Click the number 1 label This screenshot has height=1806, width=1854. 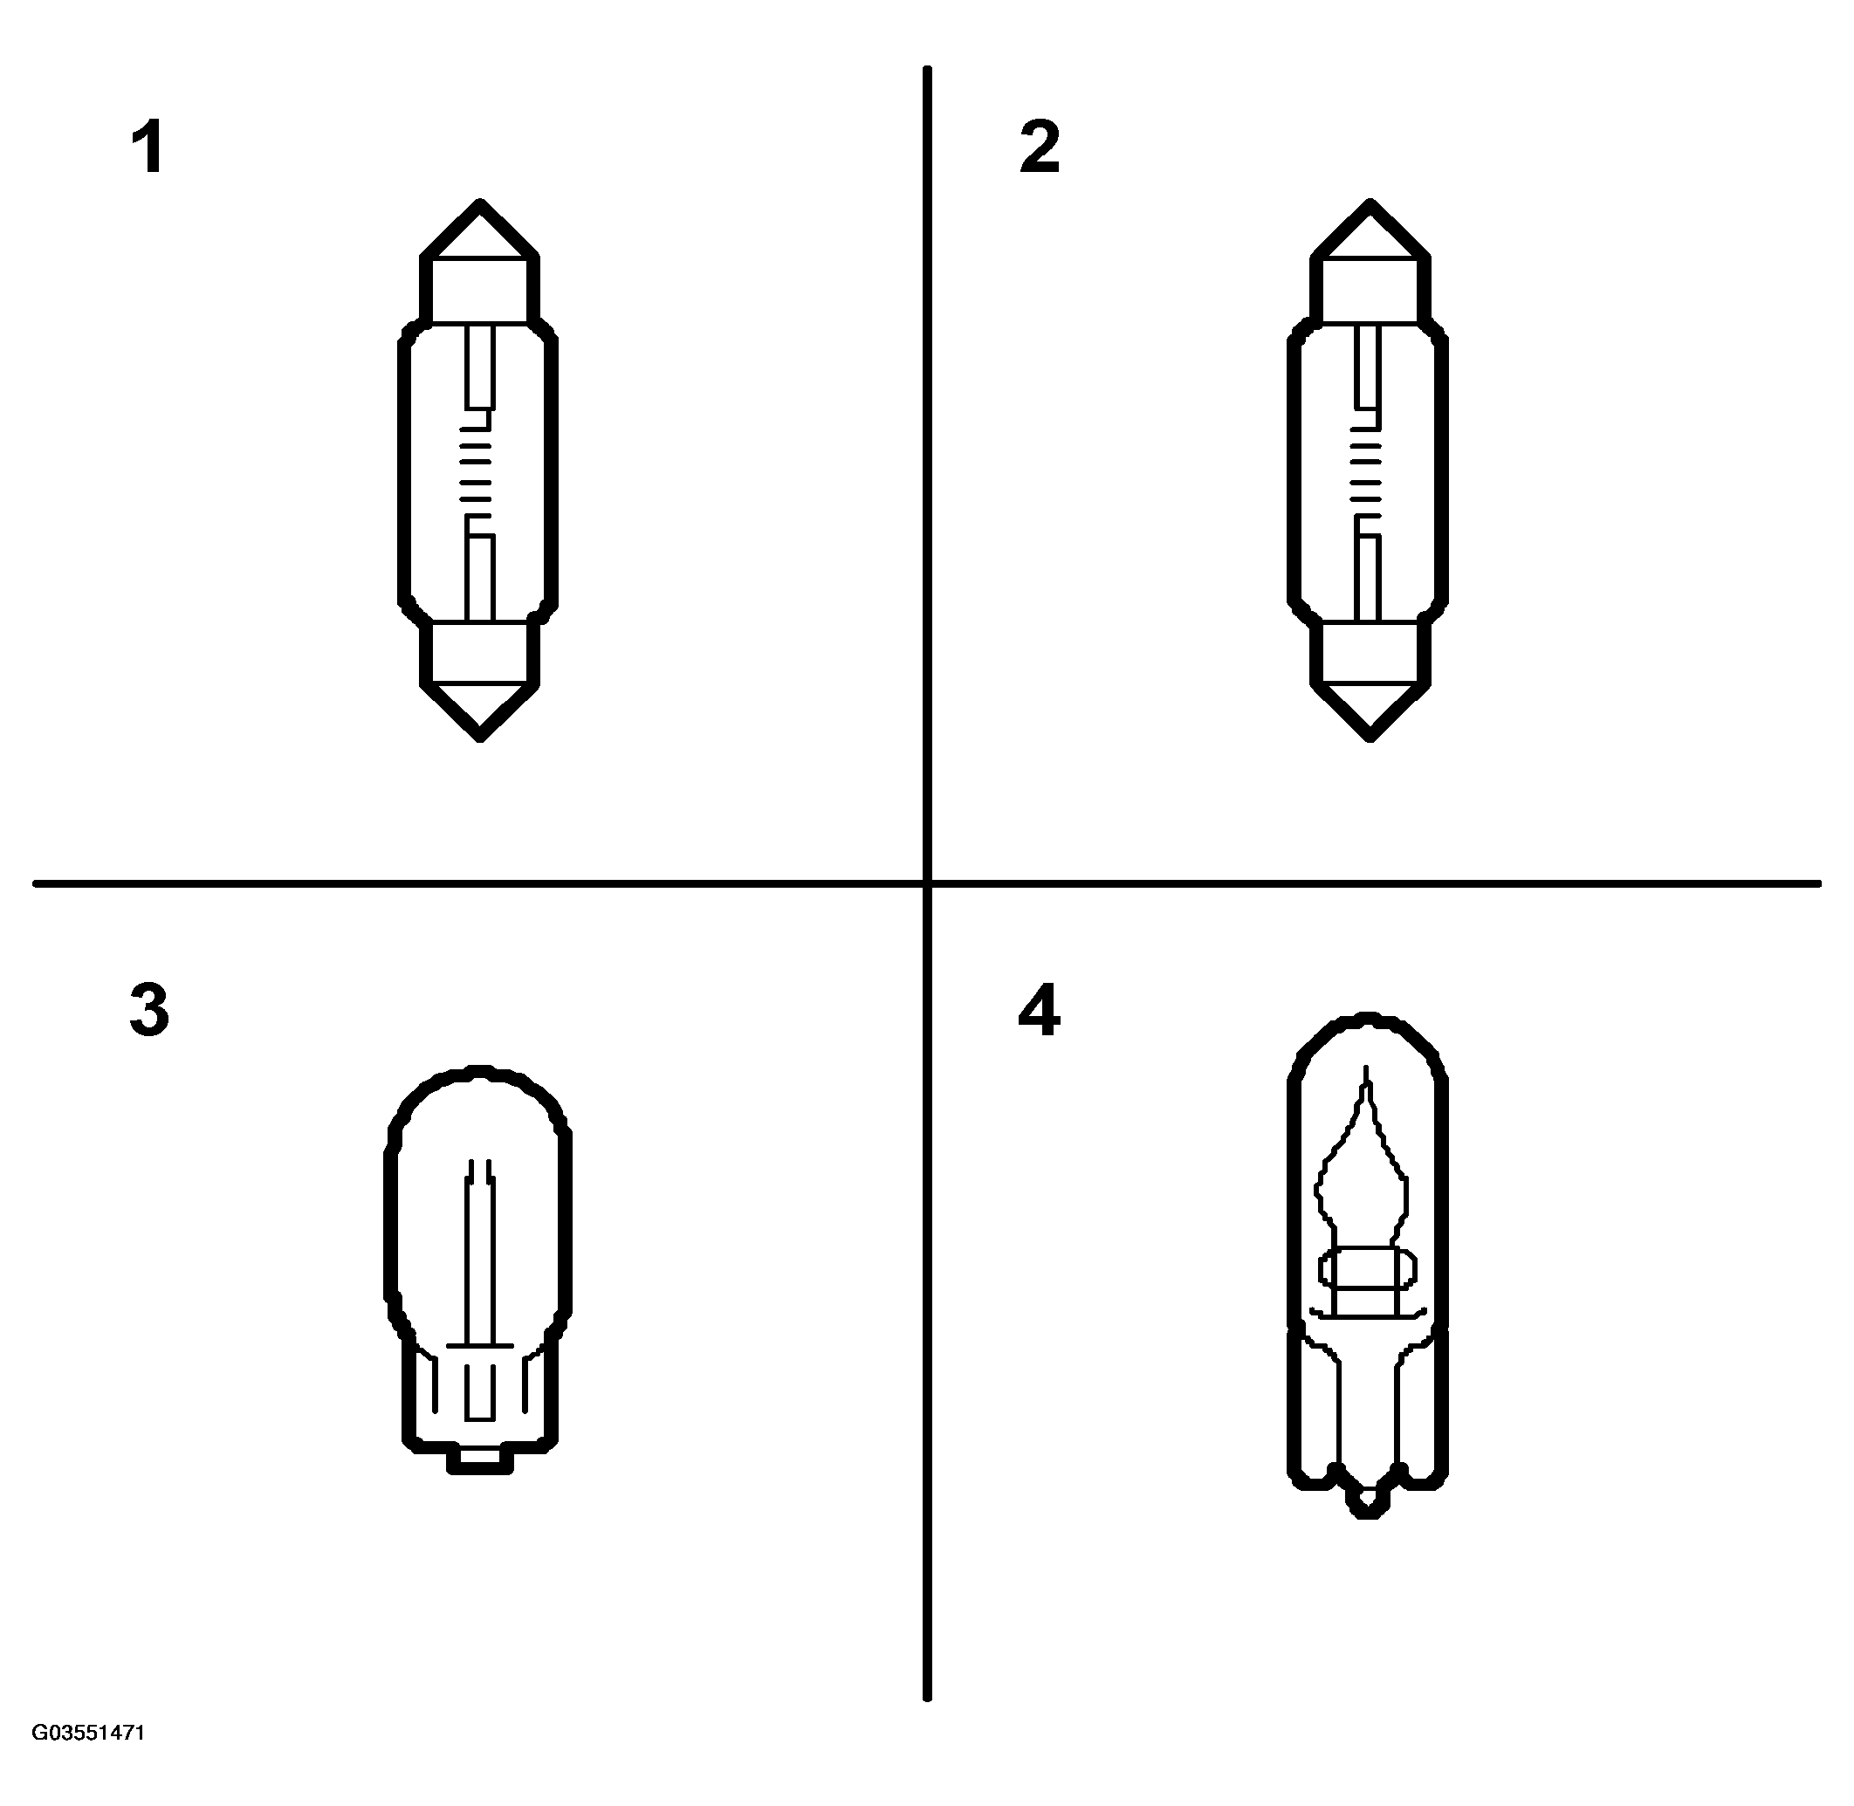click(149, 148)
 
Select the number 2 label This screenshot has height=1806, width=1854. click(1040, 148)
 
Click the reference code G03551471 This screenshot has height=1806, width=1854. click(88, 1733)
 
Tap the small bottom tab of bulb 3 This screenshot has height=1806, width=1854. click(480, 1460)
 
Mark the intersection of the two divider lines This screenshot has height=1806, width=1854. click(926, 884)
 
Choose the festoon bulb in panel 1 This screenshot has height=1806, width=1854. click(478, 470)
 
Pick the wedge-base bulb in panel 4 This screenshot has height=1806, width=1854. click(1368, 1266)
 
